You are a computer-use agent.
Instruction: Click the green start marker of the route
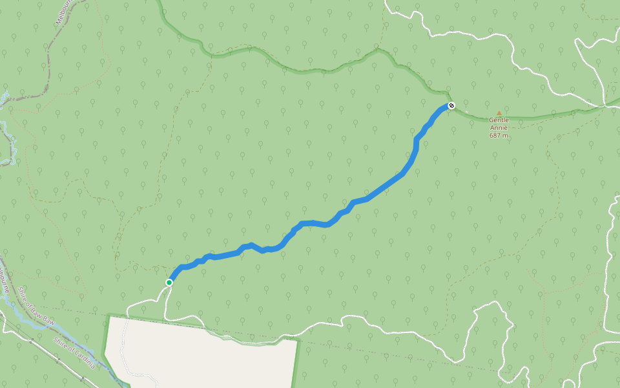[x=169, y=282]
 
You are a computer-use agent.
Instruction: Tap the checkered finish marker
[x=451, y=105]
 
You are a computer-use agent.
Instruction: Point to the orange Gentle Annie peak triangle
[x=499, y=113]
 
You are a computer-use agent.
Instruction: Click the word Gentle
[x=499, y=120]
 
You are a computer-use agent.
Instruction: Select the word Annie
[x=499, y=128]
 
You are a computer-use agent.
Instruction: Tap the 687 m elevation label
[x=499, y=136]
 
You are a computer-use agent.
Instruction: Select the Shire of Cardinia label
[x=74, y=352]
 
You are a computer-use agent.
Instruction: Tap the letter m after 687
[x=506, y=136]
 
